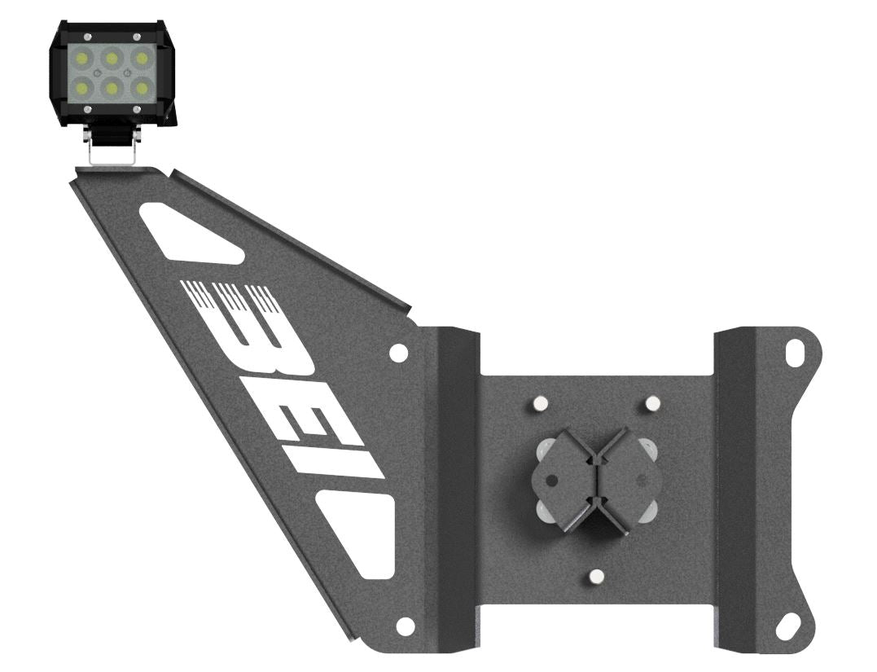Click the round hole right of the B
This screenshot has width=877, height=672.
pos(399,352)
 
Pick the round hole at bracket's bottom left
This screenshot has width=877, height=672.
pos(405,626)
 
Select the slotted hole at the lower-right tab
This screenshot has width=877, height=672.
pos(787,628)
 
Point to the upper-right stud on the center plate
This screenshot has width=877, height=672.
pos(651,403)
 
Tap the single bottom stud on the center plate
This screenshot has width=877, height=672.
pos(595,578)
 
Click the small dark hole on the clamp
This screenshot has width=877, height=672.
pos(552,481)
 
